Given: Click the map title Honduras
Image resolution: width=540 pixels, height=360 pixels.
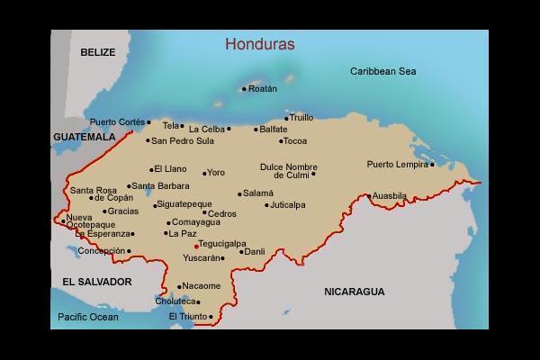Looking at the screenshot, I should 260,43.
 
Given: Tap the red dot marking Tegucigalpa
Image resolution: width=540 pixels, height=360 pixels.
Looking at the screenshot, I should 196,245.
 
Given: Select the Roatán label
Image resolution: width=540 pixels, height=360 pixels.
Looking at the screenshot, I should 263,88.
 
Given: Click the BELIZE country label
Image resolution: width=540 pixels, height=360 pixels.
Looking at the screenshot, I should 98,52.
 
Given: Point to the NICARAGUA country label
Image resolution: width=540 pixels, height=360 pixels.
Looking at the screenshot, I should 354,292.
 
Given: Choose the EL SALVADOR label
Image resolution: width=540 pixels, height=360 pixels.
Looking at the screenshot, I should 97,282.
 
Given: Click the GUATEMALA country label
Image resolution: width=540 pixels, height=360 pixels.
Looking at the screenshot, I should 85,137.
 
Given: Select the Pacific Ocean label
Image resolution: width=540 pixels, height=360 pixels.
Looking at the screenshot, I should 88,317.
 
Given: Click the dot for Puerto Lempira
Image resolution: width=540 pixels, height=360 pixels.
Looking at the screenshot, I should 432,165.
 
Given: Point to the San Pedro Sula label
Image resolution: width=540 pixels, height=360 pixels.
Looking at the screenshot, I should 183,140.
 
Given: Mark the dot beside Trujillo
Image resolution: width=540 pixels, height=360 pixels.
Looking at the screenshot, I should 287,118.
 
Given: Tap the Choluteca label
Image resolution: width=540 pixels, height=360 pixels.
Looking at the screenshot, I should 175,301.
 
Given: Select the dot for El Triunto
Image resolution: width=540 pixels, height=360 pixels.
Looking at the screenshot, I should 211,317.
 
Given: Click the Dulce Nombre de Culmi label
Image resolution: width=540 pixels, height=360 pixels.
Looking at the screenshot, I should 289,170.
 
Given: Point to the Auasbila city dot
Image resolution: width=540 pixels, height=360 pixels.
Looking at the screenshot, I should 369,195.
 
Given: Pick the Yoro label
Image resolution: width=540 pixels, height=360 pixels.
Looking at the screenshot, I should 216,172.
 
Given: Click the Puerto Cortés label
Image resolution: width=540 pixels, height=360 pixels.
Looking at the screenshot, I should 116,121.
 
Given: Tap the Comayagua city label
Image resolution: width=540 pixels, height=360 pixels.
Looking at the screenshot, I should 196,222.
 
